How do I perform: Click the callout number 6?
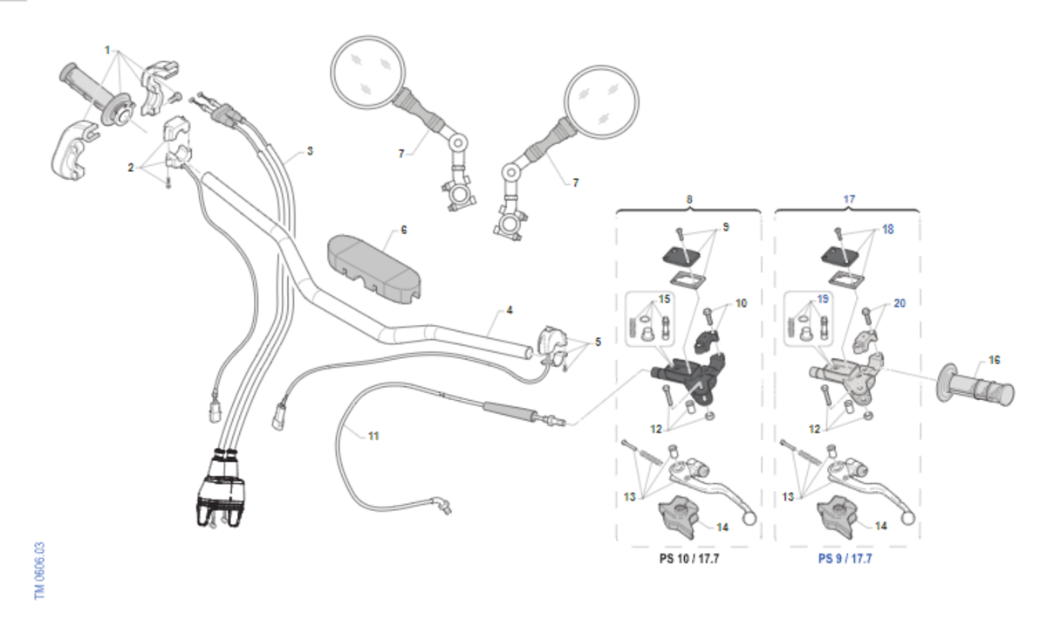tap(404, 231)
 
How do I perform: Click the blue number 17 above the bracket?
tap(849, 199)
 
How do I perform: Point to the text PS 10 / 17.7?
tap(689, 558)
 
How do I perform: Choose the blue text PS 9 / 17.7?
tap(845, 558)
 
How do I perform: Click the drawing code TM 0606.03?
tap(39, 570)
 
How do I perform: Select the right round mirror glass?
tap(601, 101)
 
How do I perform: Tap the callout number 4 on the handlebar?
tap(510, 310)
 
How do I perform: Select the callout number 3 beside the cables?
tap(310, 151)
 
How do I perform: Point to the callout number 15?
tap(666, 300)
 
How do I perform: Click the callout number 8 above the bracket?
tap(688, 199)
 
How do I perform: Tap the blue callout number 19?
tap(822, 300)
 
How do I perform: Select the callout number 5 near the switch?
tap(598, 342)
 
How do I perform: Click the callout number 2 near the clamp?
tap(131, 167)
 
